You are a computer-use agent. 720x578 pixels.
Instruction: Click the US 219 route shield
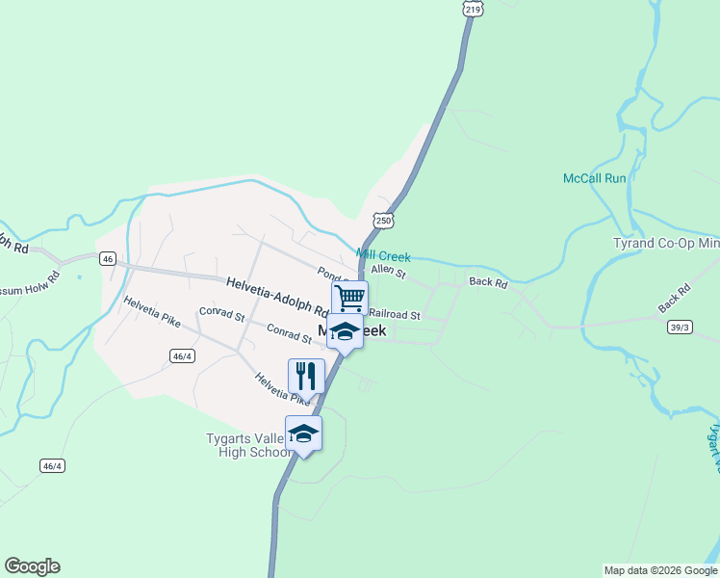point(472,9)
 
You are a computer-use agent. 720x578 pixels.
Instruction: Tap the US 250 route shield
point(384,221)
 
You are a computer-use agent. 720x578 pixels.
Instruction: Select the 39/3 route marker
point(680,328)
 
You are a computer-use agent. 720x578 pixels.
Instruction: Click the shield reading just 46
point(107,258)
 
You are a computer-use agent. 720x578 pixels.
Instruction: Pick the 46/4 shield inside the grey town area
point(181,356)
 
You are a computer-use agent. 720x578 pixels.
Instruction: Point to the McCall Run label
point(594,178)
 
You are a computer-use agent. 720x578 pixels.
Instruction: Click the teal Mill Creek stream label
point(383,256)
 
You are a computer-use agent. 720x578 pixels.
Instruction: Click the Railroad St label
point(395,315)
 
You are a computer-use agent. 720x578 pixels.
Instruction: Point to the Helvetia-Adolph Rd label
point(277,296)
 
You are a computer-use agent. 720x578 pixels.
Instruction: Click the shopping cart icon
point(349,297)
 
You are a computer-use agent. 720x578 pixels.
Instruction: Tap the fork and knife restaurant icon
point(306,375)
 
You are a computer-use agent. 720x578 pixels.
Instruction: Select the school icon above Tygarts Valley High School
point(303,433)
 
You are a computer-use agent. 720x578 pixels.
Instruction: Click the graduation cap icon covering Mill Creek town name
point(345,332)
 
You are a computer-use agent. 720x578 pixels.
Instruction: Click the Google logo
point(32,566)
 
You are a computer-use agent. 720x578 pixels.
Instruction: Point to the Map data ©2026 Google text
point(661,570)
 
